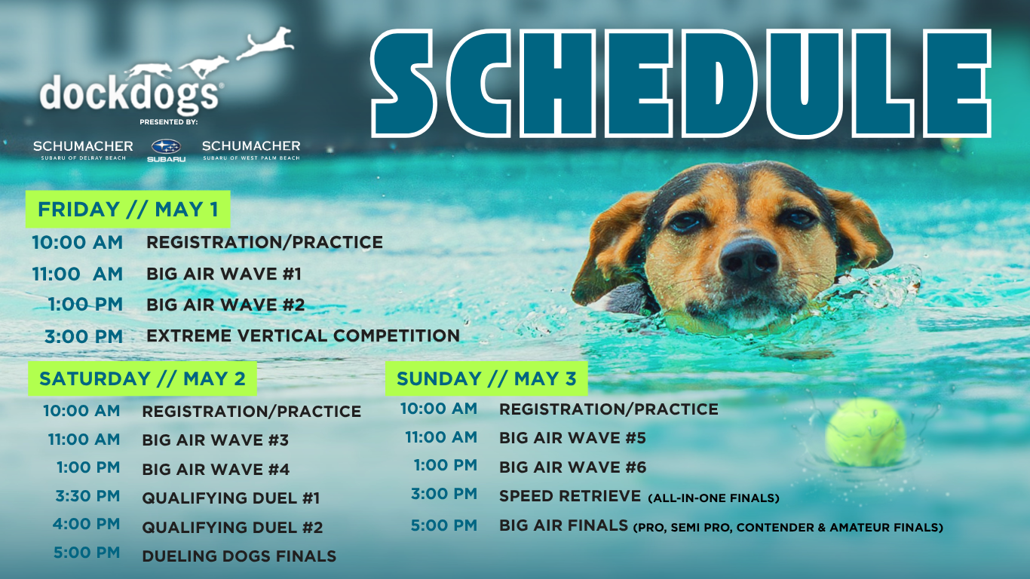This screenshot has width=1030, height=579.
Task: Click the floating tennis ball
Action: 866,433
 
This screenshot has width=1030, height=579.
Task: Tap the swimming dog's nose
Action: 749,259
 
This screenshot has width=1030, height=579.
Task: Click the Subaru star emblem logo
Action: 166,147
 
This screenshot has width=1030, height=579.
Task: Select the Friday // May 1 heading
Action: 128,210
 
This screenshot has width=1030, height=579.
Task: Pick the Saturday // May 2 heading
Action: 143,378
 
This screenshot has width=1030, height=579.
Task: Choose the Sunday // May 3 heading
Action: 486,378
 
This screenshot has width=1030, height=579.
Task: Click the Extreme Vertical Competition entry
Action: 303,335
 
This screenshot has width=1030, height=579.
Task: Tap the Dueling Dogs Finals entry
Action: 239,556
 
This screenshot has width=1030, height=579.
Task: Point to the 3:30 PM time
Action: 87,496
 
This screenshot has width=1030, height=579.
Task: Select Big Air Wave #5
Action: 572,438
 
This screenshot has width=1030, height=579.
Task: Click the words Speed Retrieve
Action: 570,496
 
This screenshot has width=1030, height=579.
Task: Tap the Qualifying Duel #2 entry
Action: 233,527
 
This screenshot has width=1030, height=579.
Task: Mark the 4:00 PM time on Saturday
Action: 87,524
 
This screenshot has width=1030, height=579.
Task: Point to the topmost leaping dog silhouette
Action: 265,43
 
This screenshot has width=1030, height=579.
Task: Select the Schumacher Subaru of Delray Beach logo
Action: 83,150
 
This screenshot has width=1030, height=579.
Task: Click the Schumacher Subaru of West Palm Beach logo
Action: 251,150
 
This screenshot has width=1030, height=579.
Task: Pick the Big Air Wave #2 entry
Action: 225,305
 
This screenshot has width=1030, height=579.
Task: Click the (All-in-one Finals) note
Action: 713,498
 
